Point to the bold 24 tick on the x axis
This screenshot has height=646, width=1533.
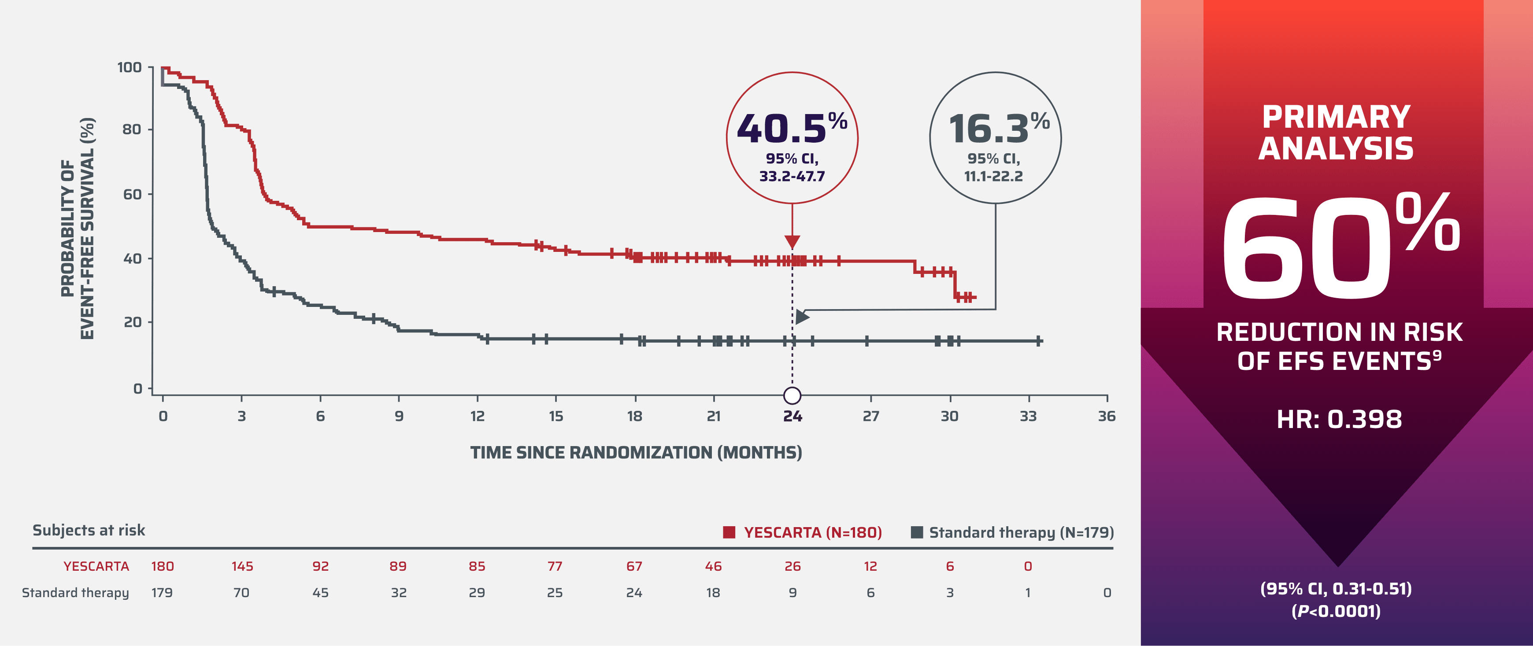(x=792, y=417)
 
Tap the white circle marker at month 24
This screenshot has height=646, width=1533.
(x=792, y=395)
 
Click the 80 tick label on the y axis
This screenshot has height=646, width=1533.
(x=132, y=129)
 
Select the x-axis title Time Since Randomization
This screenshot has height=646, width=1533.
(x=636, y=453)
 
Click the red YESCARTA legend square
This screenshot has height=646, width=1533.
(x=729, y=532)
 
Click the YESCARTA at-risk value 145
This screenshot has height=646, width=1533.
(x=242, y=566)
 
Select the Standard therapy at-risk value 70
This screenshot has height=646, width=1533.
(x=241, y=592)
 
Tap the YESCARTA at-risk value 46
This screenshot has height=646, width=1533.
(x=713, y=566)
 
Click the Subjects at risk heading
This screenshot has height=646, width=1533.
(x=89, y=530)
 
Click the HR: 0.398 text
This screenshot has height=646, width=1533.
(x=1339, y=419)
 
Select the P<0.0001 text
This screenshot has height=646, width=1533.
(x=1336, y=611)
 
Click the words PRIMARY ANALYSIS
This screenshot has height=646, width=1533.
(x=1336, y=132)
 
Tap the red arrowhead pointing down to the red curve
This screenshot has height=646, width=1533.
(x=792, y=241)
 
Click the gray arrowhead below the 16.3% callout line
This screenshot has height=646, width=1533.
(x=802, y=317)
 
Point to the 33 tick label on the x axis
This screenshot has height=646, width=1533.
(x=1028, y=417)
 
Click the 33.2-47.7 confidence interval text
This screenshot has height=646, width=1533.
(x=792, y=177)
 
